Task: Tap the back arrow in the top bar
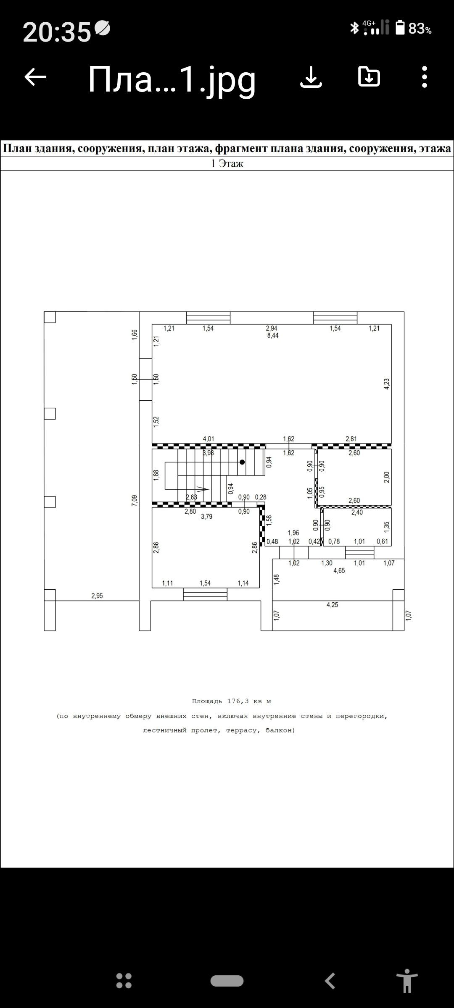35,77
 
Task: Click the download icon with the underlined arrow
311,77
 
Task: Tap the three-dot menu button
424,77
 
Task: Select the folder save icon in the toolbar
369,77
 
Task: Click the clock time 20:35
57,32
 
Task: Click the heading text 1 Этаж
227,163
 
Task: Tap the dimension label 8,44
273,336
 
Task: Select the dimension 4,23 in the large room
387,384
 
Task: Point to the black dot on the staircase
242,462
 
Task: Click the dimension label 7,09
135,500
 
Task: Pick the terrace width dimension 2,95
97,596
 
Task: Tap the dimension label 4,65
339,571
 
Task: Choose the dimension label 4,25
332,605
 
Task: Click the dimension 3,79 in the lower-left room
206,517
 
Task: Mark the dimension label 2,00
387,477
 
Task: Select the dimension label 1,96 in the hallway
293,533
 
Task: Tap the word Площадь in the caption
207,701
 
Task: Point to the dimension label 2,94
272,328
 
